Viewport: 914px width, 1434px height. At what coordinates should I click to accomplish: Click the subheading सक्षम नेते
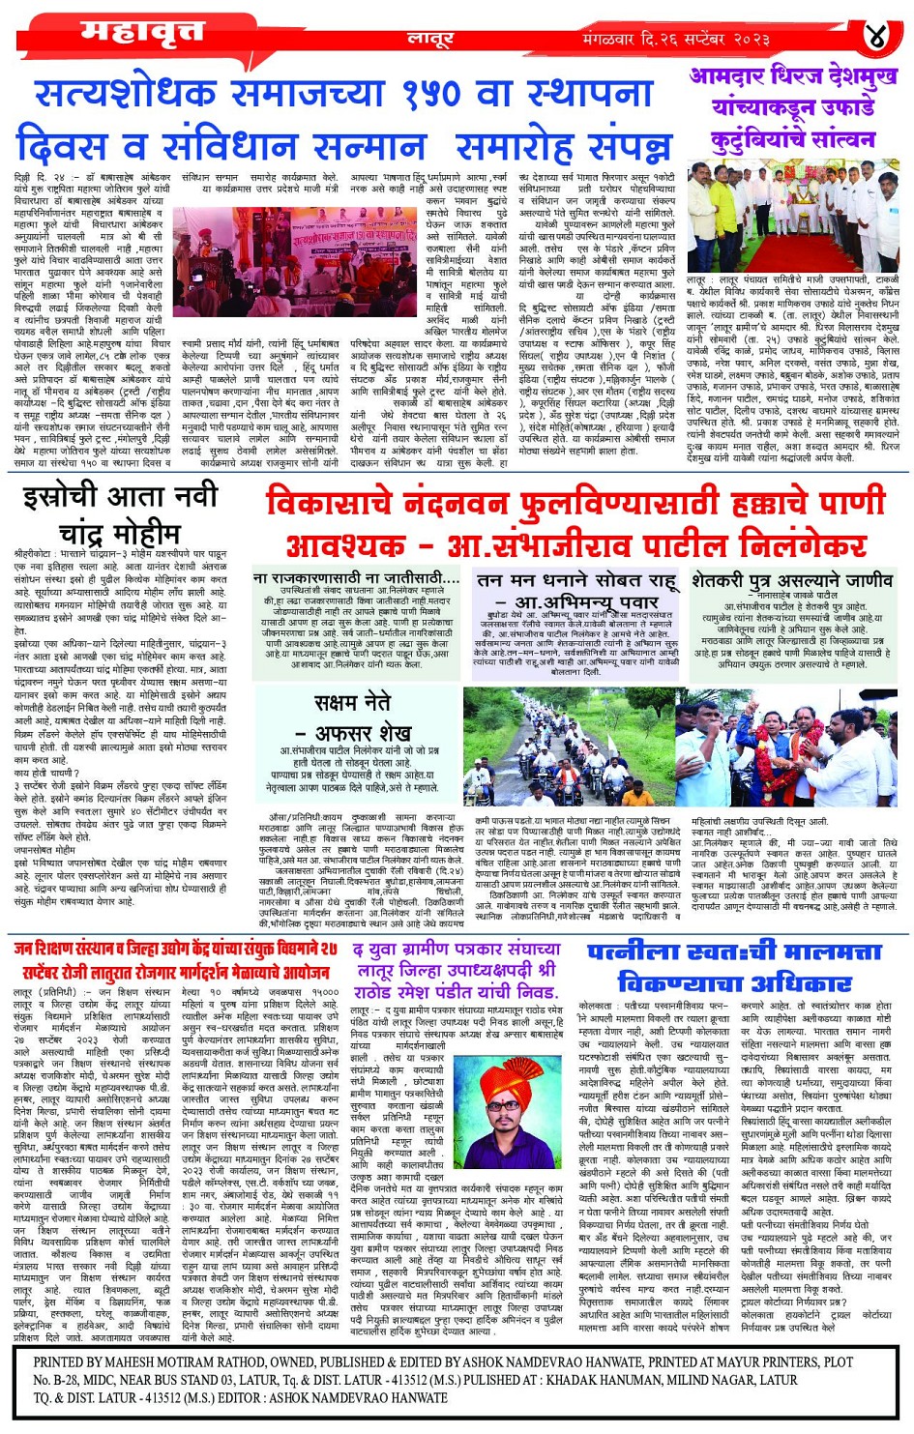click(352, 703)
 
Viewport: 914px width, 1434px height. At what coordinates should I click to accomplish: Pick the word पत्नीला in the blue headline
click(638, 952)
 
